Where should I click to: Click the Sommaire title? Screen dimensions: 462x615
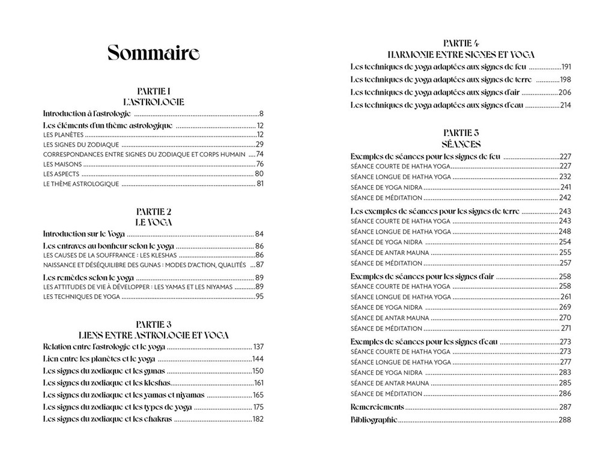click(153, 54)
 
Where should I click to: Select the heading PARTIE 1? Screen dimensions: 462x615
click(154, 91)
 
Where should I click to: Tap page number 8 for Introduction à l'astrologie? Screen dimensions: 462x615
click(261, 113)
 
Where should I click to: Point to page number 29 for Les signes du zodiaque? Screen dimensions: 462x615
click(259, 144)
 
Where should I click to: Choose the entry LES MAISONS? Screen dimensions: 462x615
click(62, 164)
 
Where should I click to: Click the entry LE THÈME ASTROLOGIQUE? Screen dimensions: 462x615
click(81, 184)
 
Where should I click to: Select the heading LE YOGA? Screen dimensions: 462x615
click(154, 222)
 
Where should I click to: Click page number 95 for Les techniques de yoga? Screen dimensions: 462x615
click(259, 297)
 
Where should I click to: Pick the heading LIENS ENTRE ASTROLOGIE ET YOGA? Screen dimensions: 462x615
click(154, 335)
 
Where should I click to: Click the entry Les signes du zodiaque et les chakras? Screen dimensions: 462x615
click(108, 419)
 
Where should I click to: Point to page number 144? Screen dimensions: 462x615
click(258, 359)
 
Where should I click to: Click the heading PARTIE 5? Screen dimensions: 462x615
click(461, 133)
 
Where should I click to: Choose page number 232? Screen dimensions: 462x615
click(565, 177)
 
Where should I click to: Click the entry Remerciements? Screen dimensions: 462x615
click(377, 407)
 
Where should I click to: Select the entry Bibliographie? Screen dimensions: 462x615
click(374, 420)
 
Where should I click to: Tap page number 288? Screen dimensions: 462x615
click(565, 420)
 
